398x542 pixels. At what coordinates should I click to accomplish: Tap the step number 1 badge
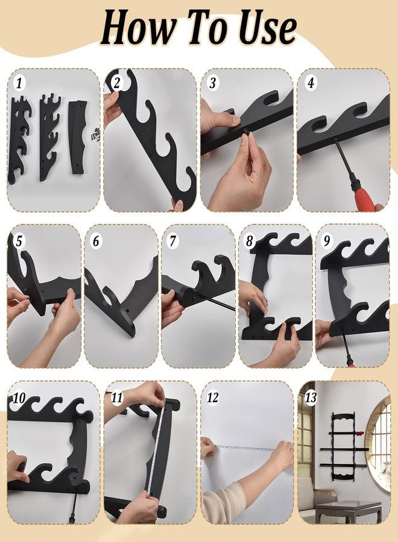coord(20,83)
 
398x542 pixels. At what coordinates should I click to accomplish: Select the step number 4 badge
coord(311,83)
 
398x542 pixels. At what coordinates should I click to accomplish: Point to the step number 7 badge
coord(172,240)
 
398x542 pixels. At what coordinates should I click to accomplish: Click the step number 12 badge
coord(212,397)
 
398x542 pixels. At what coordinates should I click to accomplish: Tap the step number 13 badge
coord(310,397)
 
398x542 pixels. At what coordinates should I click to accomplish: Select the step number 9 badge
coord(326,240)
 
